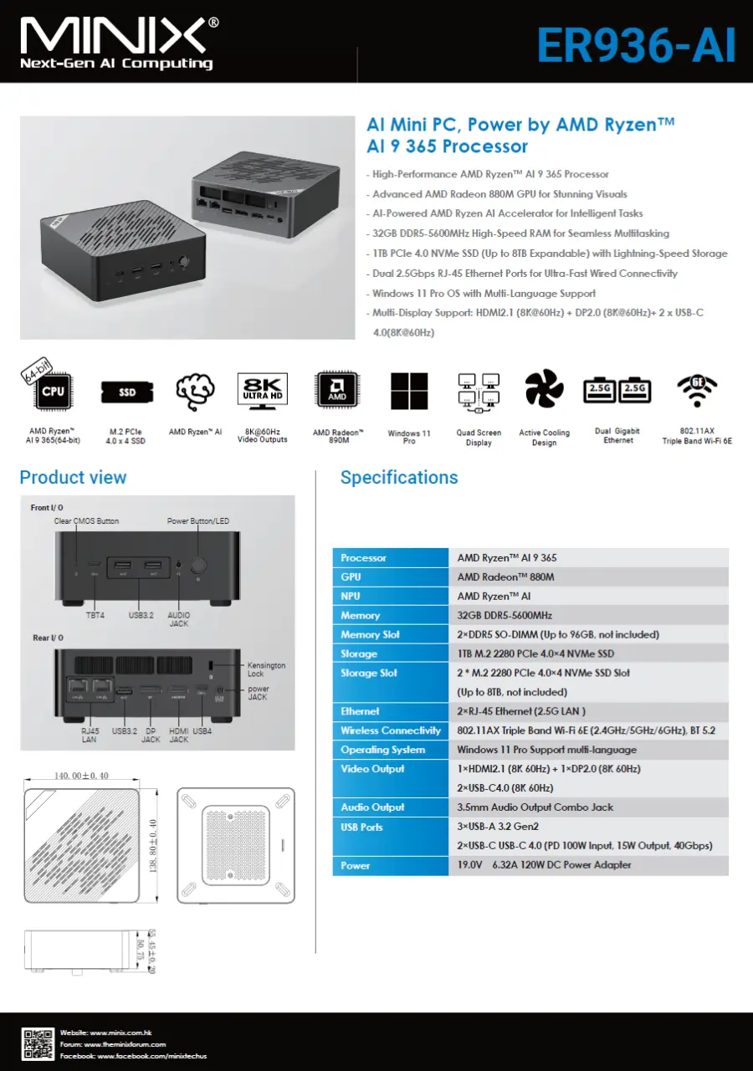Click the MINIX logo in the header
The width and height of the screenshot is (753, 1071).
(x=118, y=42)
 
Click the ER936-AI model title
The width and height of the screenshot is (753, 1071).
(x=636, y=45)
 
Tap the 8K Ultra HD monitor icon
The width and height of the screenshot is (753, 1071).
(x=263, y=391)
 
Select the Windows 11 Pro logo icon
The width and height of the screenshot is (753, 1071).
(x=409, y=392)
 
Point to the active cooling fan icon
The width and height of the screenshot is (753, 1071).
(x=544, y=389)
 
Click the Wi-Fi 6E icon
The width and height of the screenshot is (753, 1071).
(x=696, y=388)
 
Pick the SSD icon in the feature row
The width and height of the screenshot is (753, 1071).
(x=126, y=392)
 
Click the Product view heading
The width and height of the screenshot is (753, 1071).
(x=73, y=478)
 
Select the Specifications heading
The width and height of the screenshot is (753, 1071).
(x=399, y=478)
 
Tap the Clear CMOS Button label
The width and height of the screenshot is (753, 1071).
(x=86, y=521)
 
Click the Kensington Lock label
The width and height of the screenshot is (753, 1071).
(x=266, y=669)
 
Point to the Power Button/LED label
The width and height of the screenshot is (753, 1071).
(x=198, y=521)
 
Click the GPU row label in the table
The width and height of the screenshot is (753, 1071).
(x=351, y=577)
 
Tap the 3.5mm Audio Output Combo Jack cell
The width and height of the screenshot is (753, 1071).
(x=535, y=807)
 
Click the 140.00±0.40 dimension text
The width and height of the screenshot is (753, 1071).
(x=82, y=776)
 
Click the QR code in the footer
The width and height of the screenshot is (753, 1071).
(x=38, y=1043)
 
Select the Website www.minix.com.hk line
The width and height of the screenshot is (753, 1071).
(x=105, y=1033)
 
